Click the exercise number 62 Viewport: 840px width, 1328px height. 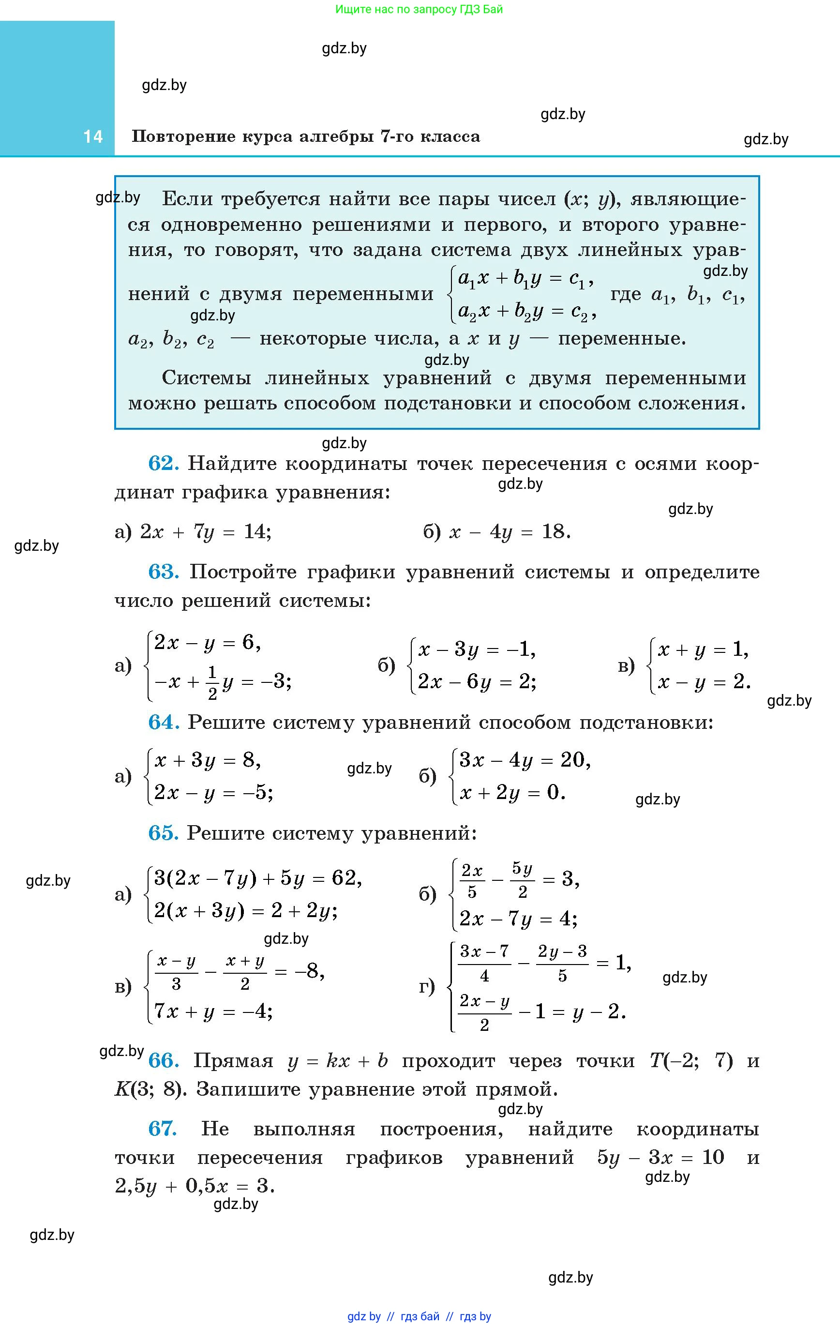click(163, 463)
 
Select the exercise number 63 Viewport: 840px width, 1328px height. click(163, 572)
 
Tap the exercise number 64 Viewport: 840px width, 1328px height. click(163, 722)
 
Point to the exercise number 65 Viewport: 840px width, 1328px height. click(163, 833)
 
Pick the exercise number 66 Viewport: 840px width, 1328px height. click(163, 1060)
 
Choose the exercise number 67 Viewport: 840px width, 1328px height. click(163, 1129)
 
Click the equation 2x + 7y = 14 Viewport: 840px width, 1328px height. click(205, 532)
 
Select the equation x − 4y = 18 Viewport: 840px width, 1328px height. click(510, 532)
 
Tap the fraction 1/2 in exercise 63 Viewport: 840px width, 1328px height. click(213, 683)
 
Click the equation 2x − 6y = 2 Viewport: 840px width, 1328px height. click(477, 682)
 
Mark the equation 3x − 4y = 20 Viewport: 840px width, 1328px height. click(525, 760)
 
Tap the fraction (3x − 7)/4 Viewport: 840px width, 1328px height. click(484, 963)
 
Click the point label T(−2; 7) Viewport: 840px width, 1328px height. click(691, 1060)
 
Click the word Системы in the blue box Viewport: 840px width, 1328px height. click(206, 378)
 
